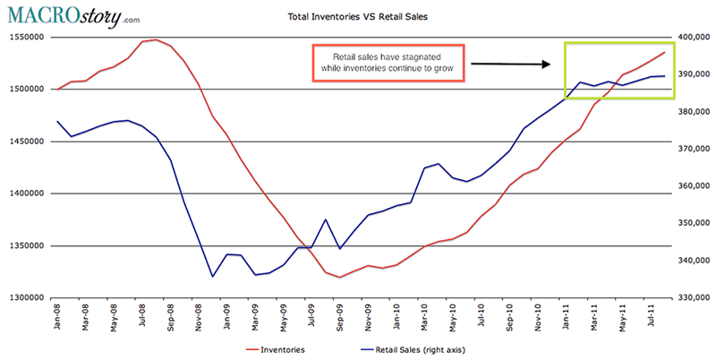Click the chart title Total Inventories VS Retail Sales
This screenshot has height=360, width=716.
[x=358, y=16]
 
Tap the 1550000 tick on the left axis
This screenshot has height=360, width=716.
[x=26, y=37]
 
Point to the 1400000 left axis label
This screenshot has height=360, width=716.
[x=26, y=193]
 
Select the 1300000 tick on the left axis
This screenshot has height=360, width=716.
[x=26, y=297]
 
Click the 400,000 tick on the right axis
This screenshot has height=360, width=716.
[x=690, y=37]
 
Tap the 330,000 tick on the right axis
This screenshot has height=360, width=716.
[x=690, y=297]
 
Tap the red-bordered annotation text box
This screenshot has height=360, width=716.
[x=388, y=63]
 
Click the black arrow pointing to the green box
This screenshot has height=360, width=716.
[x=510, y=64]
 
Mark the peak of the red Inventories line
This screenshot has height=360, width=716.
[x=157, y=39]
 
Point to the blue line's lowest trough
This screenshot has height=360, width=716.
[x=213, y=276]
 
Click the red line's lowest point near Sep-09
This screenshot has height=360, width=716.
[x=339, y=277]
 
